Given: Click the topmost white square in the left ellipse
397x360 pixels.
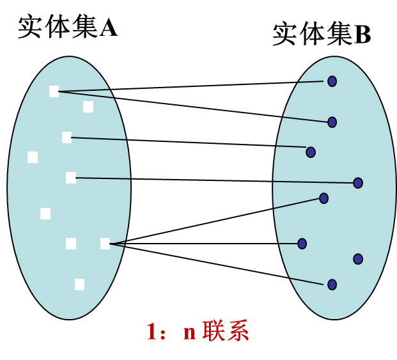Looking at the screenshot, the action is [54, 91].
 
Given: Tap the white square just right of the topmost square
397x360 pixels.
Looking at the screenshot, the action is [88, 107].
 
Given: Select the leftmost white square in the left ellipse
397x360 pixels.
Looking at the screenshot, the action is [33, 157].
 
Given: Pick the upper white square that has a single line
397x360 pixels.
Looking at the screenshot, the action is [66, 137].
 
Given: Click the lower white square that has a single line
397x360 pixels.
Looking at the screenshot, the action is [71, 178].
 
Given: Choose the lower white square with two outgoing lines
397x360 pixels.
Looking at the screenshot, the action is [105, 244].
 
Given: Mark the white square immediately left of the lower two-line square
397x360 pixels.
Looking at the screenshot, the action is [71, 244].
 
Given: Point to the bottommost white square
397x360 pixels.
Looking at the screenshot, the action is [79, 285].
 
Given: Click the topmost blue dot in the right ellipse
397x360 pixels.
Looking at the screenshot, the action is [332, 81].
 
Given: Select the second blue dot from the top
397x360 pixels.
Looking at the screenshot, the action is [332, 122].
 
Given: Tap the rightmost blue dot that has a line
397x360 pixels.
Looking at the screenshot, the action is [358, 183].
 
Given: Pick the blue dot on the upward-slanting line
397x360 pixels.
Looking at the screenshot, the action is [323, 198].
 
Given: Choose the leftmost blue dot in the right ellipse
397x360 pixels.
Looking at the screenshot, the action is [302, 244].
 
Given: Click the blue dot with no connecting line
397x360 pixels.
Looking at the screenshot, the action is [358, 259].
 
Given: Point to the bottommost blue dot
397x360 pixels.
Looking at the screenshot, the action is [332, 285].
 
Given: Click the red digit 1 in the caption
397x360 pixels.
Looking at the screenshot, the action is [152, 332].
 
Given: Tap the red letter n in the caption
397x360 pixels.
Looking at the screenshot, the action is [189, 333].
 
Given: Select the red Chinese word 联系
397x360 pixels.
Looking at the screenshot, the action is [225, 331].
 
